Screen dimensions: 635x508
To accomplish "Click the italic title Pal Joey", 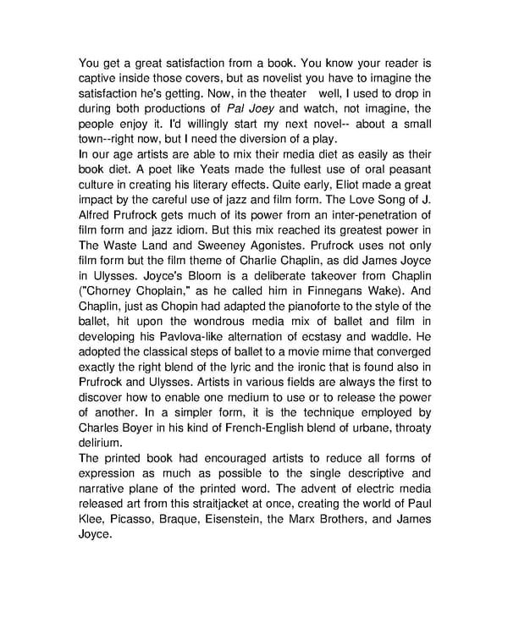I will (253, 109).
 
